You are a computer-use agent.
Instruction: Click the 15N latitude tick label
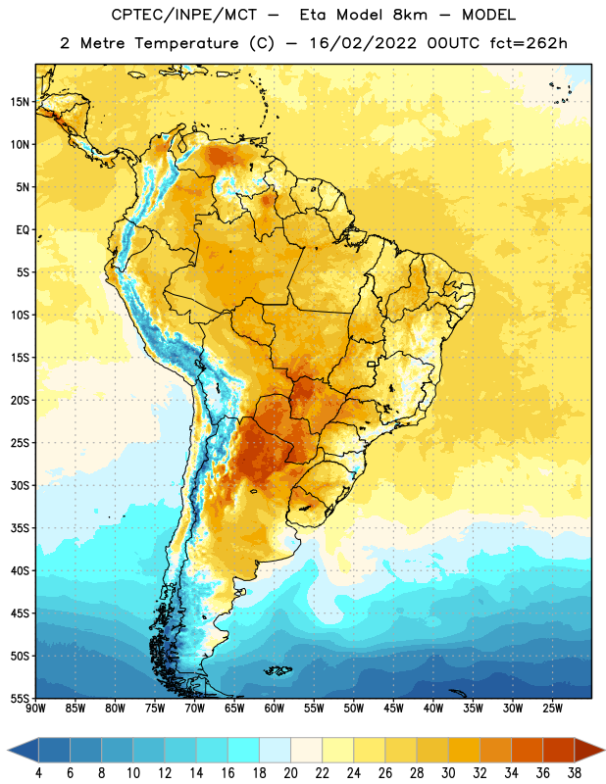pyautogui.click(x=20, y=102)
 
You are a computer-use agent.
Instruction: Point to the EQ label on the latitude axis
pyautogui.click(x=23, y=230)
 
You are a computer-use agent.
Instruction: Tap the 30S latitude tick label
pyautogui.click(x=20, y=485)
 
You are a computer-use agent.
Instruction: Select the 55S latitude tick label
pyautogui.click(x=20, y=698)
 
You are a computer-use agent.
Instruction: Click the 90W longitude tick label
pyautogui.click(x=35, y=709)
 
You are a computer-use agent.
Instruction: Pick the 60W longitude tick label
pyautogui.click(x=275, y=709)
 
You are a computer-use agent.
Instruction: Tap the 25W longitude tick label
pyautogui.click(x=552, y=709)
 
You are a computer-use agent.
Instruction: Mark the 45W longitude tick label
pyautogui.click(x=393, y=709)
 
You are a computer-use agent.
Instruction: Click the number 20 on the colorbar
pyautogui.click(x=290, y=773)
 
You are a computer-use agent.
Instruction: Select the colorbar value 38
pyautogui.click(x=574, y=773)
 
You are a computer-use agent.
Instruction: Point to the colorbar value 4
pyautogui.click(x=38, y=773)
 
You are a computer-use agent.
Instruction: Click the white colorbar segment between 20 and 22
pyautogui.click(x=306, y=751)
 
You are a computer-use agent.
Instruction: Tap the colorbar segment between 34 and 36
pyautogui.click(x=527, y=751)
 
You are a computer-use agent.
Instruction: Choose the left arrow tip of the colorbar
pyautogui.click(x=8, y=751)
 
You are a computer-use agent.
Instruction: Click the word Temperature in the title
pyautogui.click(x=186, y=43)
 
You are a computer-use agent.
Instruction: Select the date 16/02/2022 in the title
pyautogui.click(x=363, y=43)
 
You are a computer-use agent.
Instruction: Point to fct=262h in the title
pyautogui.click(x=529, y=43)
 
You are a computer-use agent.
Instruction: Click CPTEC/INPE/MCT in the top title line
pyautogui.click(x=184, y=15)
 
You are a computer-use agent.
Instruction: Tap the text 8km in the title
pyautogui.click(x=410, y=15)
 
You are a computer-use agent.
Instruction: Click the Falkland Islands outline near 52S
pyautogui.click(x=278, y=670)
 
